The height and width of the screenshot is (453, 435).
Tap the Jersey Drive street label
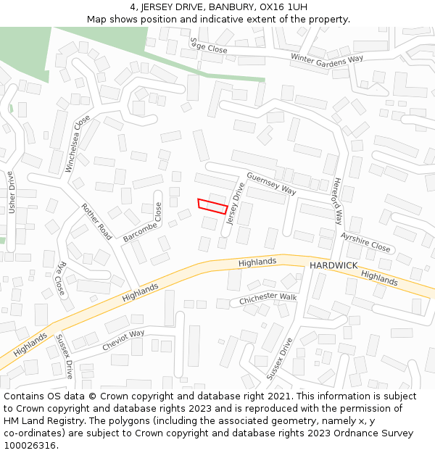click(236, 203)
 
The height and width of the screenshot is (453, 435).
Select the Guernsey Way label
click(271, 183)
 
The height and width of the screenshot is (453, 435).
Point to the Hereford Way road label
click(337, 201)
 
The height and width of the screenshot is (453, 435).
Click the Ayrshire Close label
click(365, 242)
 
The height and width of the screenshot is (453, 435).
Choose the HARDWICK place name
click(333, 266)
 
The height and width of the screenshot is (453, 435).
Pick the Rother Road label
click(96, 221)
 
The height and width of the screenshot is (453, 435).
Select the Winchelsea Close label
click(78, 143)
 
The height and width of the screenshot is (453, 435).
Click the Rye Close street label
click(62, 278)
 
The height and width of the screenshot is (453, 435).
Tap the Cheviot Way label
click(123, 340)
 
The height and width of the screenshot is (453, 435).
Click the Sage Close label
click(209, 46)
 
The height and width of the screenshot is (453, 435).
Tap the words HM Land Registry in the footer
click(41, 420)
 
